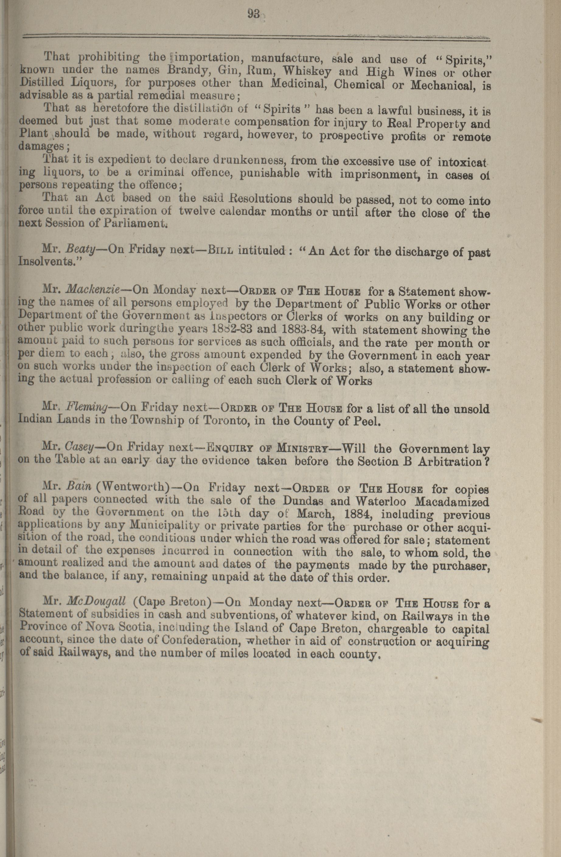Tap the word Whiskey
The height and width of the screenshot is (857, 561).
pyautogui.click(x=308, y=71)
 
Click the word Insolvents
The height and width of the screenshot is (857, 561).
pyautogui.click(x=47, y=262)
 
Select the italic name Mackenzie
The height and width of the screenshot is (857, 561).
pyautogui.click(x=95, y=289)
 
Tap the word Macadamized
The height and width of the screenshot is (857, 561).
pyautogui.click(x=455, y=502)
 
